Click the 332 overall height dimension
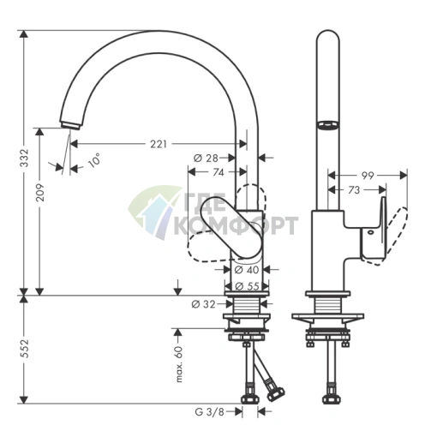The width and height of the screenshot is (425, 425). point(25,158)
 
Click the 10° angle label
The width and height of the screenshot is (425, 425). point(95,159)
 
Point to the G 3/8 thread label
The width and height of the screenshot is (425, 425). point(209,411)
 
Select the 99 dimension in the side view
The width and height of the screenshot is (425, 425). point(368,176)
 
